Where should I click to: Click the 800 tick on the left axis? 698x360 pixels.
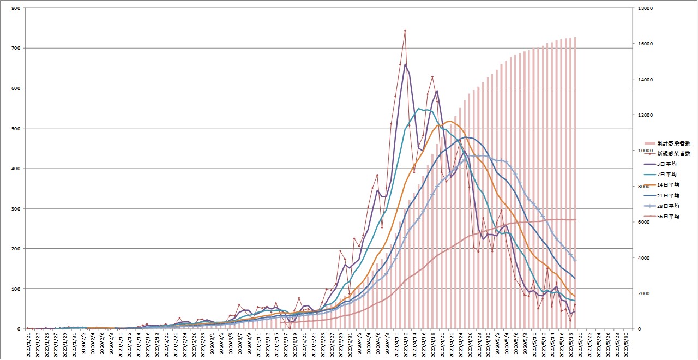[15, 8]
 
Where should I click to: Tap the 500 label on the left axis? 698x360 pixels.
[15, 128]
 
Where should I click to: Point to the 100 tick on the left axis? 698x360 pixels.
[15, 289]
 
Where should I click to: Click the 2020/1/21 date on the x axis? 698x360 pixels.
[28, 344]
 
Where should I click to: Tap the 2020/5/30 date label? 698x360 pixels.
[626, 344]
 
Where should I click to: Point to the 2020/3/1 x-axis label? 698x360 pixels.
[212, 344]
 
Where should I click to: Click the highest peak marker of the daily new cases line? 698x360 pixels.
[405, 31]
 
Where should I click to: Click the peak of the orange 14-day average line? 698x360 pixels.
[450, 121]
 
